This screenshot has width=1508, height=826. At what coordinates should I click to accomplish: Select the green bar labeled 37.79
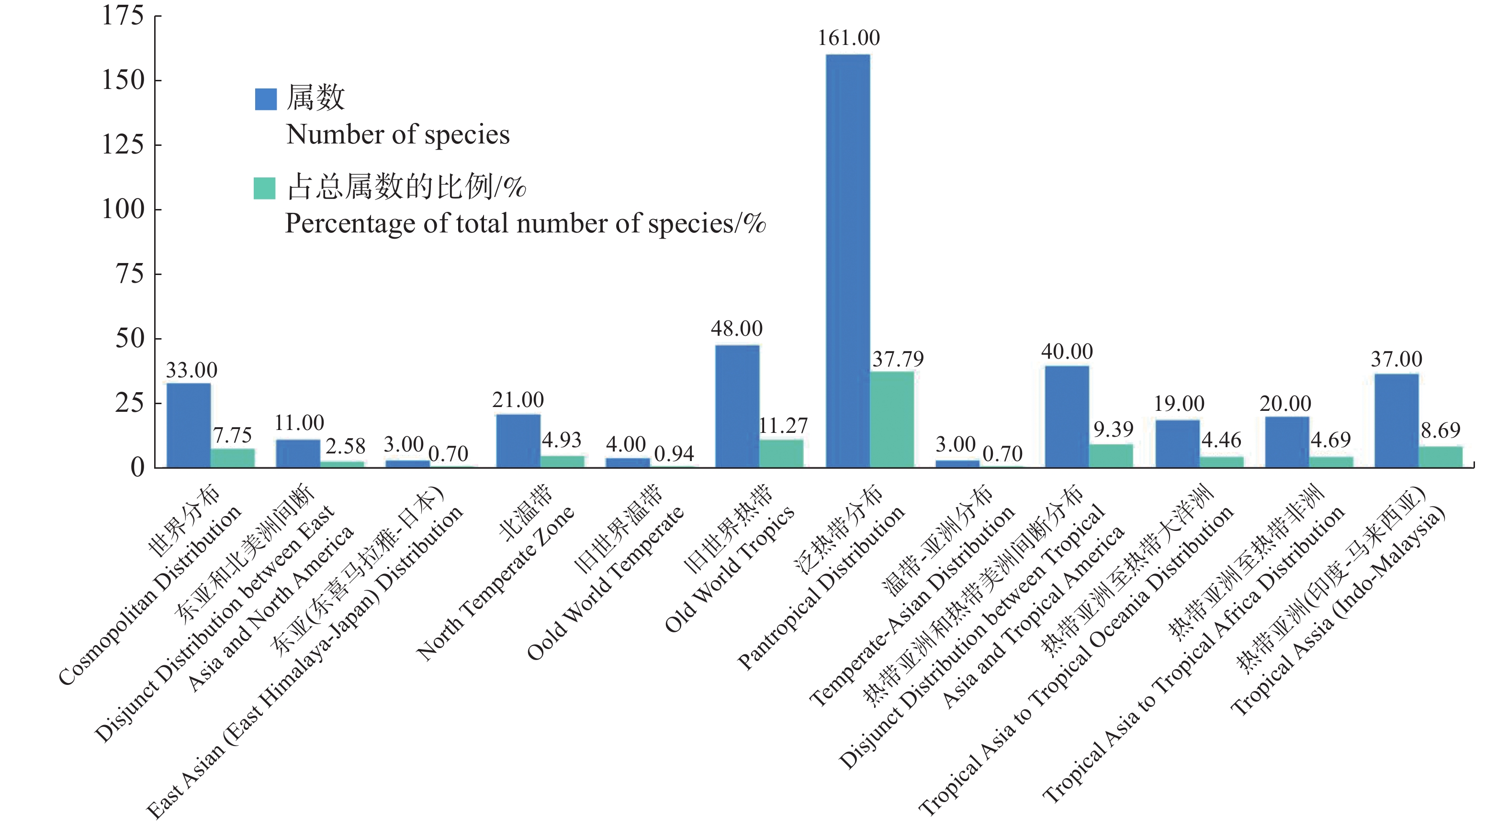coord(891,419)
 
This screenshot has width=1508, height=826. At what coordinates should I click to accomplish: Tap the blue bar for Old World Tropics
coord(737,406)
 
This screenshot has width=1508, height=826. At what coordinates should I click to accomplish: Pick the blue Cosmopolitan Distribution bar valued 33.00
coord(189,425)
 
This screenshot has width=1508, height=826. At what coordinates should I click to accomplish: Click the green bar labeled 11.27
coord(781,453)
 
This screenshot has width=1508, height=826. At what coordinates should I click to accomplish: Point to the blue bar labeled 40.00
coord(1067,417)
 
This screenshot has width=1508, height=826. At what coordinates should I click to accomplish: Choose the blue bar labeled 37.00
coord(1396,420)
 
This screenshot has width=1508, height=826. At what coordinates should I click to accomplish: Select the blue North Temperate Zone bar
coord(518,441)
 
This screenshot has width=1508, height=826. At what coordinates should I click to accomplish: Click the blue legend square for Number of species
coord(265,99)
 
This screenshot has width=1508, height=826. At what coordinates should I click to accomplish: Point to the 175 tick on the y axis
coord(123,16)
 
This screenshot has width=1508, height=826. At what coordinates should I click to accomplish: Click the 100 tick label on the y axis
coord(123,209)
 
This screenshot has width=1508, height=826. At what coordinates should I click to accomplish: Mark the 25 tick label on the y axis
coord(129,403)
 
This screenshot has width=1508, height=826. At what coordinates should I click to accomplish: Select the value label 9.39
coord(1114,430)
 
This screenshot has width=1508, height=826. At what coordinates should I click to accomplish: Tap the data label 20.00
coord(1285,404)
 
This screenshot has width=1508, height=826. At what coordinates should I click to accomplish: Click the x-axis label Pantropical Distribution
coord(822,588)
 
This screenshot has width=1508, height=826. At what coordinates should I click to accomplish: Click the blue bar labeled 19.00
coord(1177,443)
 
